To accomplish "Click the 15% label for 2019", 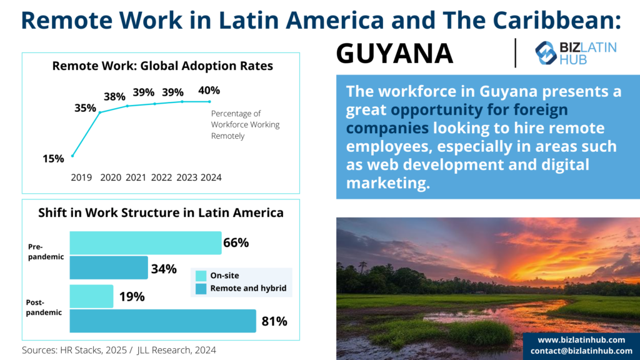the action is coord(54,159).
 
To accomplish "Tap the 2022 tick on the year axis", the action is coord(161,177).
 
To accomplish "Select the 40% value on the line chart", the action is coord(209,90).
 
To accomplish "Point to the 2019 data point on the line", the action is coord(72,156).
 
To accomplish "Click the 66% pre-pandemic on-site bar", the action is coord(146,243).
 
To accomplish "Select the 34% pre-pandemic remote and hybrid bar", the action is coord(109,267).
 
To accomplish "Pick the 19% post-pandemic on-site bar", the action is coord(91,296).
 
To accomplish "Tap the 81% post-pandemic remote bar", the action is coord(163,321).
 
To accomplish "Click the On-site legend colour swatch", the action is coord(201,276).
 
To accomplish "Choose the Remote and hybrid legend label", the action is coord(248,288).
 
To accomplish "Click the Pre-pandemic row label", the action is coord(46,251).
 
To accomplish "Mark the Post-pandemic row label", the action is coord(44,307).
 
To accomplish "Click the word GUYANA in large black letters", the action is coord(394,54).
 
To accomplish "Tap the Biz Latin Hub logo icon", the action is coord(546,53).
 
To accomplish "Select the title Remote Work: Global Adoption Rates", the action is coord(162,66).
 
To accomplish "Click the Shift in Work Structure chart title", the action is coord(161,212).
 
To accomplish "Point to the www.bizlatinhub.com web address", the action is coord(581,340).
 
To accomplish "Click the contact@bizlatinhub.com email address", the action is coord(581,351).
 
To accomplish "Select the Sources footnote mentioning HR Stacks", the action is coord(119,350).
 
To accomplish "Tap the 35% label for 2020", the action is coord(85,108).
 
